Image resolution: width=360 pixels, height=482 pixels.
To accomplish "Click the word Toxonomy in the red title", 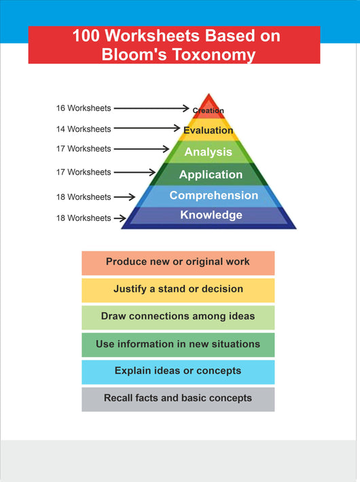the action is (x=214, y=54).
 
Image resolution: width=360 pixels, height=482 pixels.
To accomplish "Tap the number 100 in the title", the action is (x=86, y=35).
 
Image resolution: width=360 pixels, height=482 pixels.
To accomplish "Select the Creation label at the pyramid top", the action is (x=209, y=110).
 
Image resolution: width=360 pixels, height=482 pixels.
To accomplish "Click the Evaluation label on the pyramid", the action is (x=209, y=130).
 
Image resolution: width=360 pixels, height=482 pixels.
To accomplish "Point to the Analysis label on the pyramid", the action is (x=209, y=152).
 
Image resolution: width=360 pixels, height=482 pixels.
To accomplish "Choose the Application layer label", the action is (x=211, y=175).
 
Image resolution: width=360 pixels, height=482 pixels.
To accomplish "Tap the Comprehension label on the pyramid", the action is (x=214, y=195).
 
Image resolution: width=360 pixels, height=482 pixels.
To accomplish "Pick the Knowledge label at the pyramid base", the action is (x=211, y=215).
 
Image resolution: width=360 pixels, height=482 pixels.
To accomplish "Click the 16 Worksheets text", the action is (x=84, y=108).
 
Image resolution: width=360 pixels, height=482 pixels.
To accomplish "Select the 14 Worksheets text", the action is (x=84, y=129).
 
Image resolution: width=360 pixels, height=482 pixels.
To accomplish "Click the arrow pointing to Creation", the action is (x=151, y=108).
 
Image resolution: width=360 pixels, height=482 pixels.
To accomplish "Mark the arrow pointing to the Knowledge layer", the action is (x=120, y=218).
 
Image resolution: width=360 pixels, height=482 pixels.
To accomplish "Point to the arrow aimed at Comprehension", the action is (x=124, y=196).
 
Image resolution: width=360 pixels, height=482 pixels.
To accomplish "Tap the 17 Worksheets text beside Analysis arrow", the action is (x=84, y=149).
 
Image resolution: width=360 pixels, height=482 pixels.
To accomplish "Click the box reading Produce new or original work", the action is (x=178, y=263).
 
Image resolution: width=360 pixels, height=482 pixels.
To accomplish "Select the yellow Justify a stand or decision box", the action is (x=178, y=290).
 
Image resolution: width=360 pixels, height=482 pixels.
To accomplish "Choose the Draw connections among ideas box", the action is (x=178, y=317).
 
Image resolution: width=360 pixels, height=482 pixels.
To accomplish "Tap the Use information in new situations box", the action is (x=178, y=345).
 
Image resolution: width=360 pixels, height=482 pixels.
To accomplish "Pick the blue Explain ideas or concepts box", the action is (x=178, y=373).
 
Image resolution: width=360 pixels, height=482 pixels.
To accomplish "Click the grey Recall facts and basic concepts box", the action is (x=178, y=399).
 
